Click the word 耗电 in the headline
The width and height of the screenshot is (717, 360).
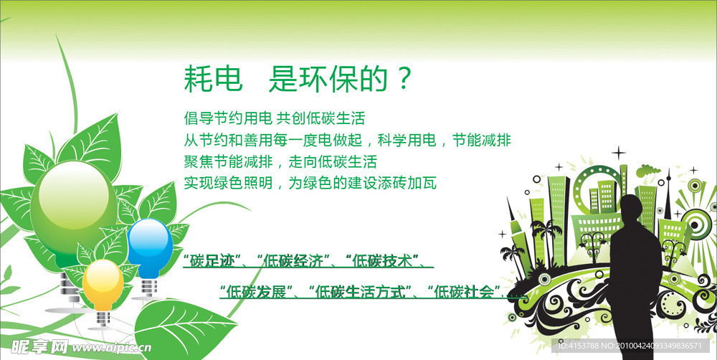pos(209,79)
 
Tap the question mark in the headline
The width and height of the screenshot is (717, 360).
pos(405,79)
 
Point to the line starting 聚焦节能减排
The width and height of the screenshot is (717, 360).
pos(280,161)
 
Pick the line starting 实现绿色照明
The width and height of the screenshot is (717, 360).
pos(310,183)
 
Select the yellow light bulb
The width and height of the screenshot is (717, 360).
pos(102,283)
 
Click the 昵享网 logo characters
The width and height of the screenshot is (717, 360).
pos(34,346)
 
